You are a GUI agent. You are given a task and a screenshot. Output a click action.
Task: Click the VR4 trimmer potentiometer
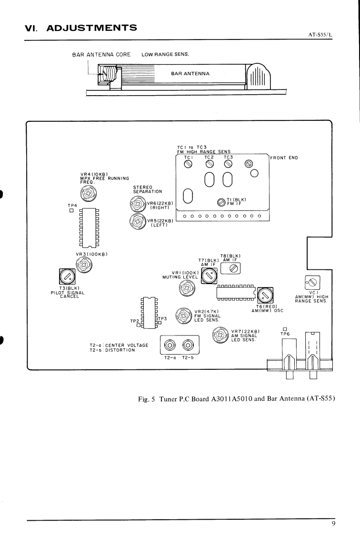pyautogui.click(x=88, y=194)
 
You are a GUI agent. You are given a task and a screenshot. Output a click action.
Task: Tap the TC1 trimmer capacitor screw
pyautogui.click(x=188, y=164)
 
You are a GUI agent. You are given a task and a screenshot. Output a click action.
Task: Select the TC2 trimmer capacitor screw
pyautogui.click(x=210, y=164)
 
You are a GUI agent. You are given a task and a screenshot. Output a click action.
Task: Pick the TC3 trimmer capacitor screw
pyautogui.click(x=228, y=164)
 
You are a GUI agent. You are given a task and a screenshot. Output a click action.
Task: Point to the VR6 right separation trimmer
pyautogui.click(x=138, y=205)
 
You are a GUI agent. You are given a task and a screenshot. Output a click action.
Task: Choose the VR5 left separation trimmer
pyautogui.click(x=138, y=221)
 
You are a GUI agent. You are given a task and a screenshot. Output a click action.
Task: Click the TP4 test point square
pyautogui.click(x=71, y=210)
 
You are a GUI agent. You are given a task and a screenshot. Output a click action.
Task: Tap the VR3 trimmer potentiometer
pyautogui.click(x=84, y=265)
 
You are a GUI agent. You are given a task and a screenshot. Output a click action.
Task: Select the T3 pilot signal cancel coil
pyautogui.click(x=67, y=276)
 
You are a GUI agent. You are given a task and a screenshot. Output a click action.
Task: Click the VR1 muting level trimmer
pyautogui.click(x=187, y=289)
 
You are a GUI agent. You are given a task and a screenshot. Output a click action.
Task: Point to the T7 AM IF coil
pyautogui.click(x=209, y=276)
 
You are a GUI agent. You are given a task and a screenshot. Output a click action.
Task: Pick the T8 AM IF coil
pyautogui.click(x=230, y=269)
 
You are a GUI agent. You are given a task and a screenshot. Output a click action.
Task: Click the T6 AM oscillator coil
pyautogui.click(x=265, y=295)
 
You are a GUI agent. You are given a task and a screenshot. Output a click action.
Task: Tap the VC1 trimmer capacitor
pyautogui.click(x=312, y=282)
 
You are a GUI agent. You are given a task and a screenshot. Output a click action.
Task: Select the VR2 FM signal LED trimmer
pyautogui.click(x=184, y=316)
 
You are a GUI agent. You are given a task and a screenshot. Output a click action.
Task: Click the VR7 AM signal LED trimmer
pyautogui.click(x=220, y=335)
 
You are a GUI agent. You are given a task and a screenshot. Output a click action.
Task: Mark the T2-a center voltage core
pyautogui.click(x=170, y=346)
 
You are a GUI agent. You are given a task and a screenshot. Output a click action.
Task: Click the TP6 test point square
pyautogui.click(x=285, y=329)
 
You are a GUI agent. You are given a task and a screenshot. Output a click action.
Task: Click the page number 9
pyautogui.click(x=333, y=524)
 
